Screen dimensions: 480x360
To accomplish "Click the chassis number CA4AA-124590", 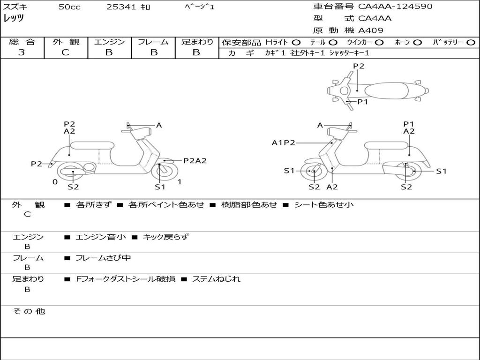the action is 395,7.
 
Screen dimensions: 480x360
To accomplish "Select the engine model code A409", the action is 371,30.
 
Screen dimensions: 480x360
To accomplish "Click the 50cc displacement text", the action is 69,7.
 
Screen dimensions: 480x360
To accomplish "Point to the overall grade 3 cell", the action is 22,52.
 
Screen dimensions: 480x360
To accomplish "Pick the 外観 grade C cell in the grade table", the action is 66,52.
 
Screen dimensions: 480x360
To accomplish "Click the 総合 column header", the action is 22,42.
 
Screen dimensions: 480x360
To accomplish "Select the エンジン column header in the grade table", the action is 109,42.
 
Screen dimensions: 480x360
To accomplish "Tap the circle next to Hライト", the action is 297,42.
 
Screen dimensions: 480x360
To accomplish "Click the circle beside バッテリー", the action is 471,42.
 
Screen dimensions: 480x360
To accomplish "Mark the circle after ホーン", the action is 418,42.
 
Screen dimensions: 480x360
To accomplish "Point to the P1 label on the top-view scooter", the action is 363,101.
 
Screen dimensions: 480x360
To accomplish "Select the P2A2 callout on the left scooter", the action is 195,160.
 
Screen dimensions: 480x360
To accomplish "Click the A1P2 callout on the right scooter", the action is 284,142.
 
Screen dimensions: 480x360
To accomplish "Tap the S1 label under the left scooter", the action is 160,187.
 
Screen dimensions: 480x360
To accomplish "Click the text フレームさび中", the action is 103,258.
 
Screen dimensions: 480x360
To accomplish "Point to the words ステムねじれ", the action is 216,279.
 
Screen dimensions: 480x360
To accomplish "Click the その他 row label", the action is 29,311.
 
